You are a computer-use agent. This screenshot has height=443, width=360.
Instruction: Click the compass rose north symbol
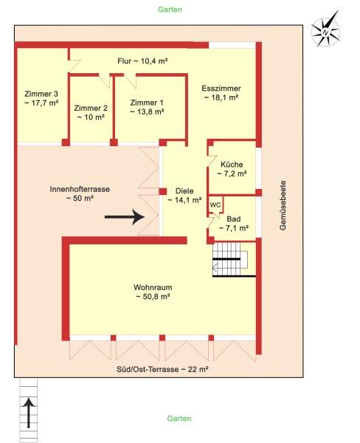(x=325, y=29)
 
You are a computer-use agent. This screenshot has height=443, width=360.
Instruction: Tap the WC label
(x=215, y=205)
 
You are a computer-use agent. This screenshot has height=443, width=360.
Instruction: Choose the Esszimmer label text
(x=221, y=88)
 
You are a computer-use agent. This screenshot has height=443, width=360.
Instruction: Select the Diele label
(x=184, y=190)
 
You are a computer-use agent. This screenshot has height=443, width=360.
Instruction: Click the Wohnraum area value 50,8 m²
(x=153, y=297)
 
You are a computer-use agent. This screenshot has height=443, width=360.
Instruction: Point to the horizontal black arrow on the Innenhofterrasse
(x=125, y=217)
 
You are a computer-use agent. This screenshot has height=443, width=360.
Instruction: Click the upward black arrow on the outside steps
(x=29, y=413)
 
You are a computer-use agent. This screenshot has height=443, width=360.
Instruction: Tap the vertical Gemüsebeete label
(x=283, y=205)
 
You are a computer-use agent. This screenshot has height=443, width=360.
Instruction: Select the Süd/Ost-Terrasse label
(x=162, y=369)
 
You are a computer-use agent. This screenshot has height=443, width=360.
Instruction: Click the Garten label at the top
(x=170, y=10)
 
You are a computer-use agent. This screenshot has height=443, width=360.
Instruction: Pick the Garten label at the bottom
(x=179, y=418)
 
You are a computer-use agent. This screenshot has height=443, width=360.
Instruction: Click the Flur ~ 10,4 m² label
(x=142, y=61)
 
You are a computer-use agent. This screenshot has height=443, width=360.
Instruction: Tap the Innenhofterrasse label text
(x=80, y=189)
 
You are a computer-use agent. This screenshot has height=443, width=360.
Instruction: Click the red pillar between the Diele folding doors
(x=162, y=191)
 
